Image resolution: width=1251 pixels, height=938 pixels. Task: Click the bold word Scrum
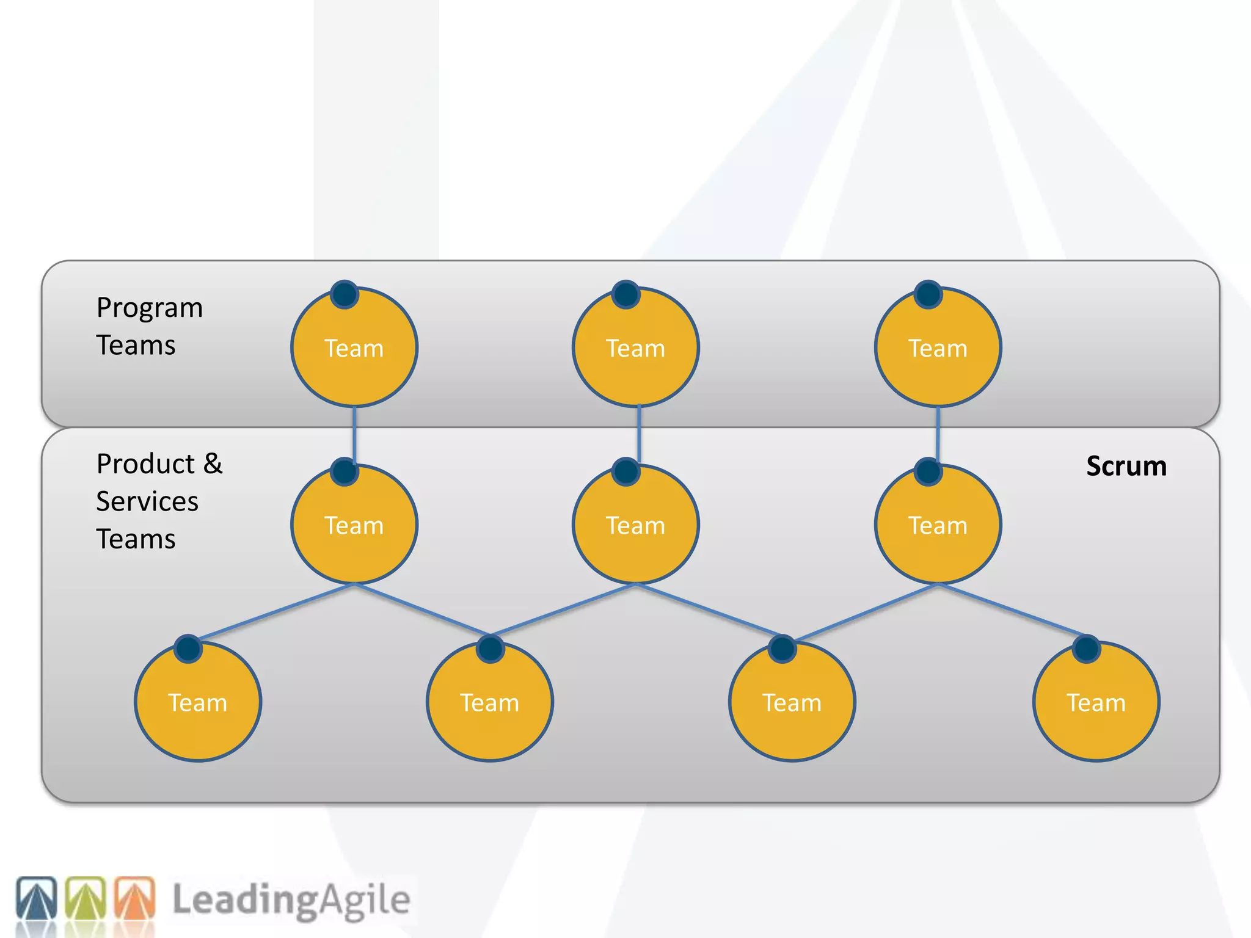[x=1126, y=467]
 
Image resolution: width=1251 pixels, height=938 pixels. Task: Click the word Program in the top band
[x=150, y=308]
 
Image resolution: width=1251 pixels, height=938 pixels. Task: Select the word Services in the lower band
[x=147, y=502]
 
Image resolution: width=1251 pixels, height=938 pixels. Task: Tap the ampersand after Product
[x=213, y=464]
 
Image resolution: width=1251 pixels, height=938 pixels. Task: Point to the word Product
[x=146, y=464]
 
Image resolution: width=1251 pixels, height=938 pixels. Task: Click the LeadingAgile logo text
[x=291, y=900]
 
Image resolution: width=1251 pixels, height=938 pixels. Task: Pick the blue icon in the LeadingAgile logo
[x=37, y=898]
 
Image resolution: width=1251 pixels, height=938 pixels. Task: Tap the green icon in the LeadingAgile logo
[x=86, y=898]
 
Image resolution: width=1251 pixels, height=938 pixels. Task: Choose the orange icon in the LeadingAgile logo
[x=135, y=898]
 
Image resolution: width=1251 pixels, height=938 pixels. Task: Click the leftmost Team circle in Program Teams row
[x=354, y=347]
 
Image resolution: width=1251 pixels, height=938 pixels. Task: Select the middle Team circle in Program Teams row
[x=636, y=347]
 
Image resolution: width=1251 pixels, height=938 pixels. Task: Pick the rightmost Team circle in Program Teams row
[x=938, y=347]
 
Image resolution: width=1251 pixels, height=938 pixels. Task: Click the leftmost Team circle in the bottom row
[x=198, y=702]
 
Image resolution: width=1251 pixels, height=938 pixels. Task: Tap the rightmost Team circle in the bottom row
[x=1096, y=702]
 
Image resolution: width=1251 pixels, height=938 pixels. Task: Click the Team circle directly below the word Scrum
[x=1096, y=702]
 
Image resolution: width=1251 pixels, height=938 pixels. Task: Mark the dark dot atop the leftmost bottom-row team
[x=188, y=649]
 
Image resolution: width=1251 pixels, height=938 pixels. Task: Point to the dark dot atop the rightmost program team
[x=928, y=294]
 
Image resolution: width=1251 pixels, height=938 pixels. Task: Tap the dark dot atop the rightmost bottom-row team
[x=1086, y=649]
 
